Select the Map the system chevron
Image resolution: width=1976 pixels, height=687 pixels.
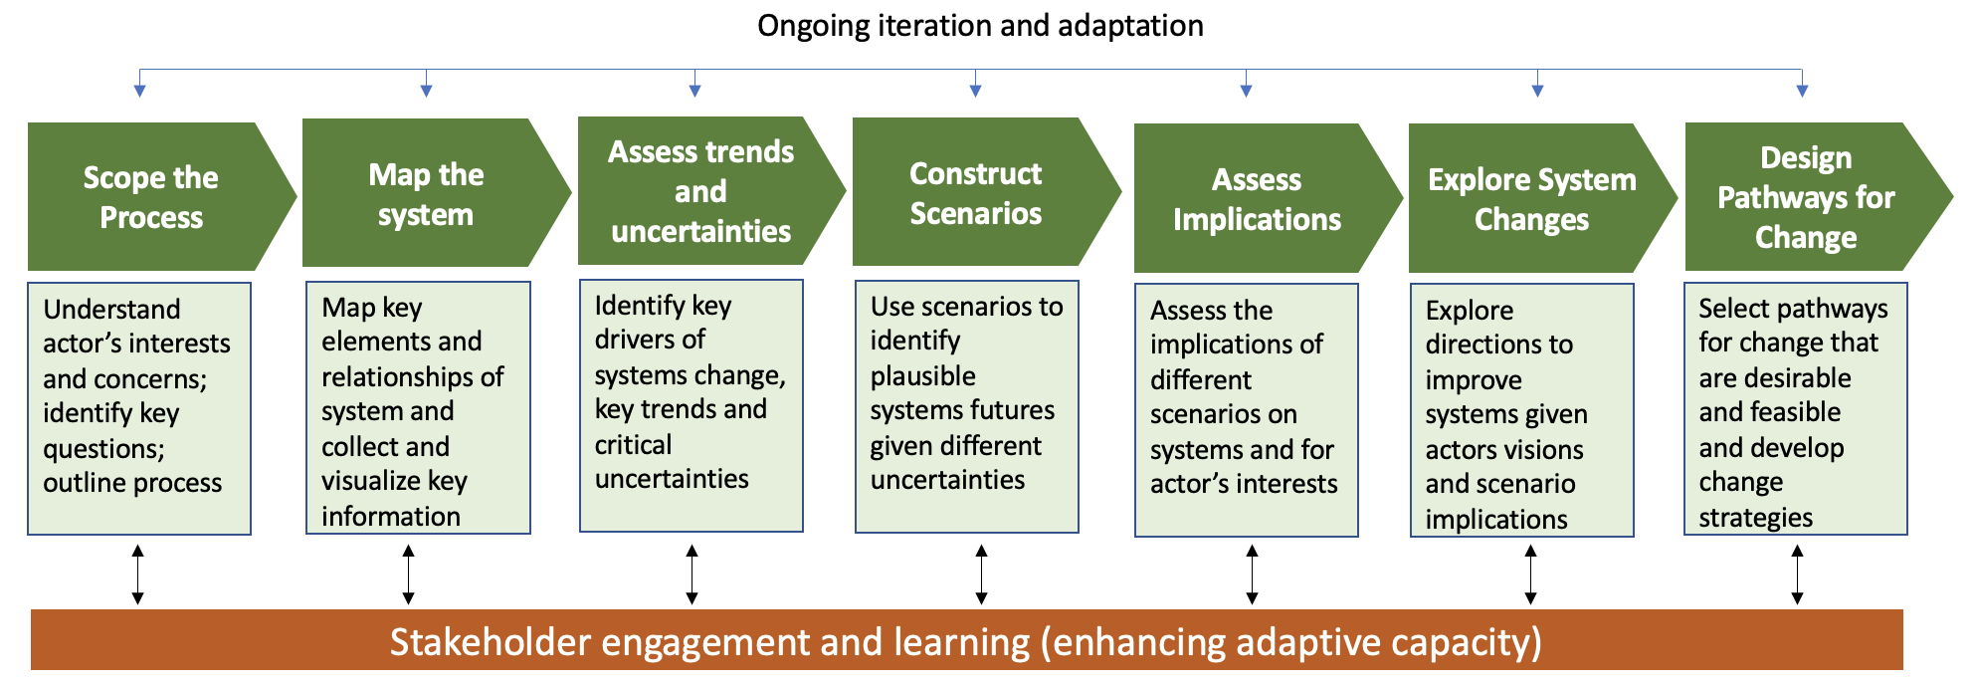pyautogui.click(x=426, y=194)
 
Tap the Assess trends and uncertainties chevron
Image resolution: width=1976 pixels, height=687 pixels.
pyautogui.click(x=700, y=191)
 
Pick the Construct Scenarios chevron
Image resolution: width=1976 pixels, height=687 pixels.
pyautogui.click(x=975, y=192)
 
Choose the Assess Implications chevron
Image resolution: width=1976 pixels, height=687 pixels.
pyautogui.click(x=1256, y=198)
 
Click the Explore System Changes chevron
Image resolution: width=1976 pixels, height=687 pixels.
pyautogui.click(x=1531, y=198)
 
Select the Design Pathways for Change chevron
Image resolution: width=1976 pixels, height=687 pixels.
pyautogui.click(x=1805, y=197)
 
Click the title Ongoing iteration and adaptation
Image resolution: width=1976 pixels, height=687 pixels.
pyautogui.click(x=980, y=26)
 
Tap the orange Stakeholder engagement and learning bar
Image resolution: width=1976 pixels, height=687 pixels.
pyautogui.click(x=965, y=641)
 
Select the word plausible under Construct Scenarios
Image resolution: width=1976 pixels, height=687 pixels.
pyautogui.click(x=922, y=376)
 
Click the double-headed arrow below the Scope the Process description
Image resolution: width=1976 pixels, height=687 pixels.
pyautogui.click(x=138, y=574)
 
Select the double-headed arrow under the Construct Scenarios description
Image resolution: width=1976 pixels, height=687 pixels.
pyautogui.click(x=981, y=574)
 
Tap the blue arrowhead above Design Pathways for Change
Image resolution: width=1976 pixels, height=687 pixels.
pyautogui.click(x=1802, y=91)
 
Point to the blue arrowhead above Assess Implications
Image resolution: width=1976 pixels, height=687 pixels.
pyautogui.click(x=1246, y=91)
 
